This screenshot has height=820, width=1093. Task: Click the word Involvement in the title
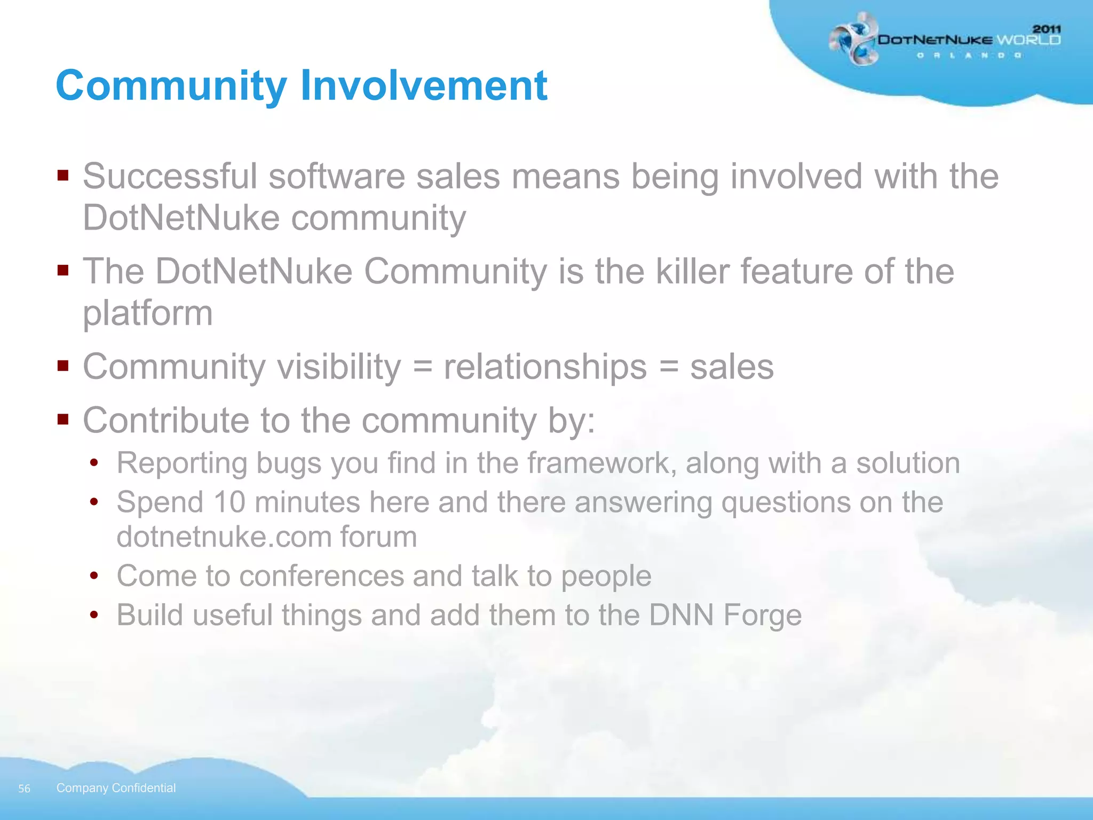pos(423,85)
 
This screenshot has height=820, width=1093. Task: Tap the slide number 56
pos(24,789)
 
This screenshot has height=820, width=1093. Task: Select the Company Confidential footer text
pos(116,788)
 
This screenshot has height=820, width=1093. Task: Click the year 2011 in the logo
pos(1047,29)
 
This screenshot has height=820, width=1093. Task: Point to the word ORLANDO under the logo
pos(969,56)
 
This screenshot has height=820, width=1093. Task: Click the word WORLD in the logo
pos(1028,40)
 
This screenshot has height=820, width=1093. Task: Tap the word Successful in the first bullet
pos(170,176)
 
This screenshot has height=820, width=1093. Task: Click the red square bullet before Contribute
pos(64,420)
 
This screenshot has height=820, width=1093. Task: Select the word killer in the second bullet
pos(692,271)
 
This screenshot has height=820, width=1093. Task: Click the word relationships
pos(545,367)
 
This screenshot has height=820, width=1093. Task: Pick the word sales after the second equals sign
pos(732,367)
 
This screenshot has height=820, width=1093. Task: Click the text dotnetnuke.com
pos(223,537)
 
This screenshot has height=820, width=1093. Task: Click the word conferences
pos(321,576)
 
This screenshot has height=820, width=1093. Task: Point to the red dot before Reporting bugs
pos(94,463)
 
